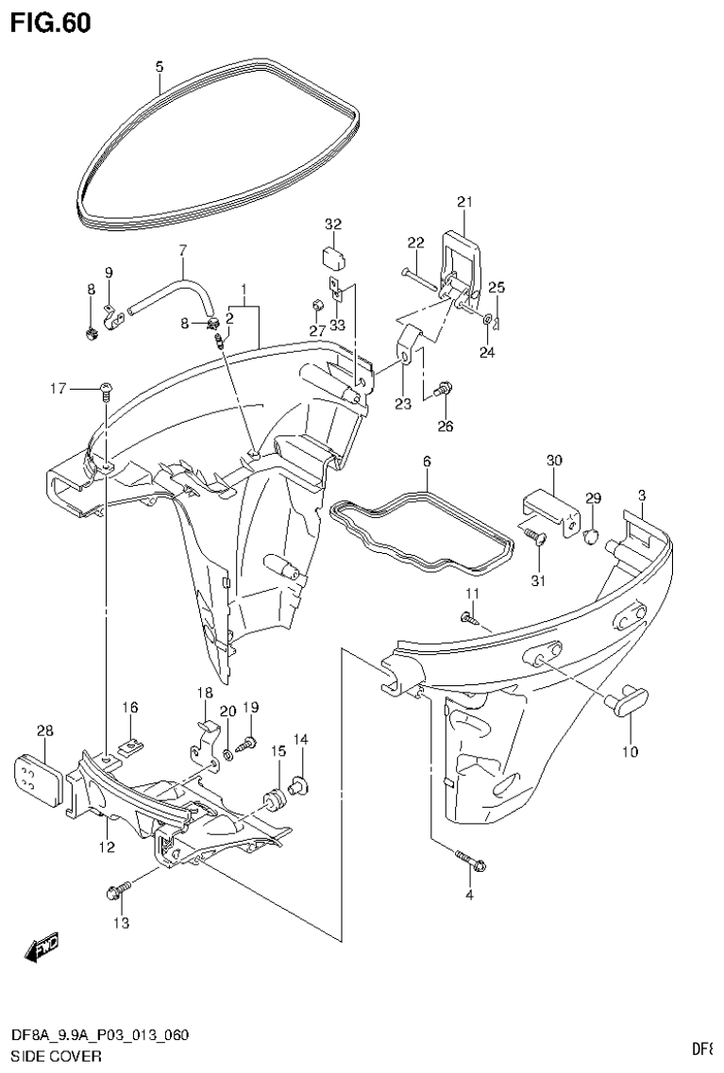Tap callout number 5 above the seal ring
coord(159,66)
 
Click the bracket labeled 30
coord(550,511)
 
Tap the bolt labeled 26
coord(444,389)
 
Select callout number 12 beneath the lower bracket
coord(106,847)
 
